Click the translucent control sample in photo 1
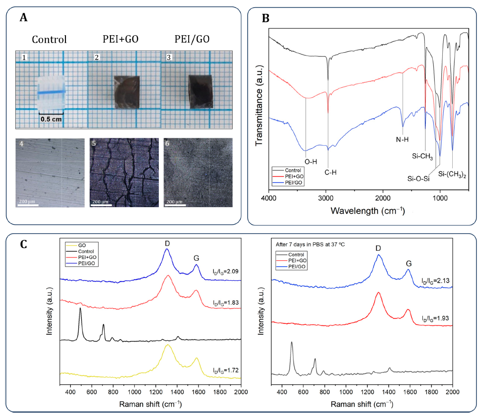(x=50, y=92)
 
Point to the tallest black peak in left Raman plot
(x=80, y=309)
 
